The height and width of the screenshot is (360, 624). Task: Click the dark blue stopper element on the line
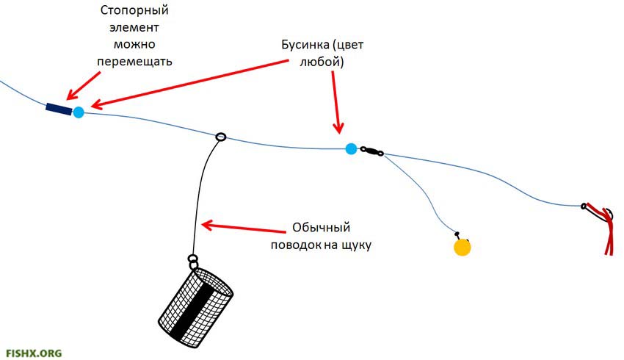coord(59,109)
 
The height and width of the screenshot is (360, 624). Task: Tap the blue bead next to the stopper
coord(78,112)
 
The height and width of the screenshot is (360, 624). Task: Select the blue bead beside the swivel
coord(351,149)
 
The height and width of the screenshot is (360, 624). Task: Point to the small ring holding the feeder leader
coord(220,137)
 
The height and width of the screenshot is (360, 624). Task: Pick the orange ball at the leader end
coord(462,247)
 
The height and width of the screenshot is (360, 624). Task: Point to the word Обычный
coord(322,228)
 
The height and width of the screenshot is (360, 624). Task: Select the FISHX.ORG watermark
coord(33,353)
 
